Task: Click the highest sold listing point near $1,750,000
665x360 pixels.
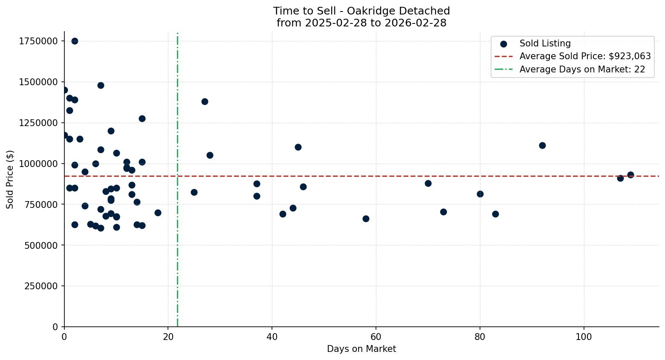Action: tap(75, 41)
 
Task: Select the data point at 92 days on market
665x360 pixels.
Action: tap(542, 145)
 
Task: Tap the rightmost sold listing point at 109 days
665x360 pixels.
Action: tap(630, 175)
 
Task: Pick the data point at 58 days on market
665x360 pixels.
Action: tap(366, 219)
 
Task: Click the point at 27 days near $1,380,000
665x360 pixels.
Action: tap(205, 101)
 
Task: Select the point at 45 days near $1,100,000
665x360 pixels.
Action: tap(298, 147)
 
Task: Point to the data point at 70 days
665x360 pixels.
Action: tap(428, 183)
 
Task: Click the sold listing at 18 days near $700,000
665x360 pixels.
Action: tap(158, 213)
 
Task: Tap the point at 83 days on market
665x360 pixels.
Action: tap(495, 214)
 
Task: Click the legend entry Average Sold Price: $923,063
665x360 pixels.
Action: tap(585, 56)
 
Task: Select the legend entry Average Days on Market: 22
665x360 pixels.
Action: tap(582, 69)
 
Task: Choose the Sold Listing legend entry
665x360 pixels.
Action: tap(545, 43)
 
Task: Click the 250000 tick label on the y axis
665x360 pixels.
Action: tap(41, 286)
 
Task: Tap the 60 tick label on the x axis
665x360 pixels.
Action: tap(376, 337)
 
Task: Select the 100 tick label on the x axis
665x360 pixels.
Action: tap(584, 337)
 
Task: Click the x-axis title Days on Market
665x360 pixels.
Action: tap(361, 349)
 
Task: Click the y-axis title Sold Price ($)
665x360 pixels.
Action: tap(10, 179)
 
